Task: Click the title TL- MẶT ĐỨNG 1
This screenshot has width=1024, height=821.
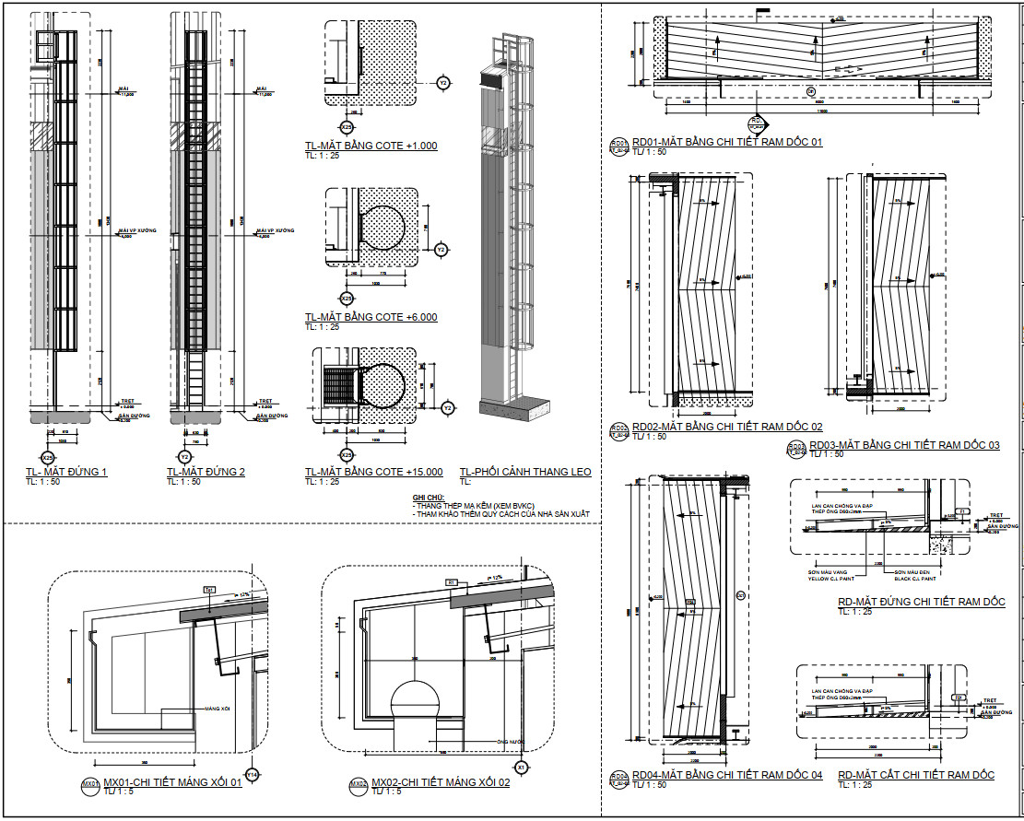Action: tap(67, 473)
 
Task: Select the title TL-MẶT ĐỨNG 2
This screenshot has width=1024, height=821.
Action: tap(206, 473)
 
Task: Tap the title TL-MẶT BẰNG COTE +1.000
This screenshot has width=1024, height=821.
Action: tap(371, 147)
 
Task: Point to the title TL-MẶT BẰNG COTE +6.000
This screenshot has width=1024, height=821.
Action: tap(371, 318)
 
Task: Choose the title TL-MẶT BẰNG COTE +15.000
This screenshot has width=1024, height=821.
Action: tap(374, 473)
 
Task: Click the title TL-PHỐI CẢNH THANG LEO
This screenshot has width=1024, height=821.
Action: tap(525, 473)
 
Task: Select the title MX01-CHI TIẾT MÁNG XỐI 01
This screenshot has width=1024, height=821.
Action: tap(172, 783)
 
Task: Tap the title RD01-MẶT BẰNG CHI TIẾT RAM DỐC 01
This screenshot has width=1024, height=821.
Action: tap(727, 143)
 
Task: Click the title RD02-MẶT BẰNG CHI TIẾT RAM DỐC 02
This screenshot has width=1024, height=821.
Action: tap(727, 428)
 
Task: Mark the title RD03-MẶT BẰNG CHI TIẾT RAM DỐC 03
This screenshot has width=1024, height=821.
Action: tap(904, 446)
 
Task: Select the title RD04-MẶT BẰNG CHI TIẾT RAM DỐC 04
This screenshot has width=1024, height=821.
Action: tap(727, 775)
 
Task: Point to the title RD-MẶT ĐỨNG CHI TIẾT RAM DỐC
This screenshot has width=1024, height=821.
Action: tap(921, 602)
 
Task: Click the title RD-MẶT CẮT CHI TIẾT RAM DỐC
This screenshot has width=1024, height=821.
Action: tap(916, 775)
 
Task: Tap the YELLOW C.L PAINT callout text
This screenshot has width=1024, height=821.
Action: tap(832, 579)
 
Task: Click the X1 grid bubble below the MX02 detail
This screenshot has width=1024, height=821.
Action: tap(521, 767)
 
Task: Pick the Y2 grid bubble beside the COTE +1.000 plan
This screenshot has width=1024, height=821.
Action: tap(443, 83)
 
